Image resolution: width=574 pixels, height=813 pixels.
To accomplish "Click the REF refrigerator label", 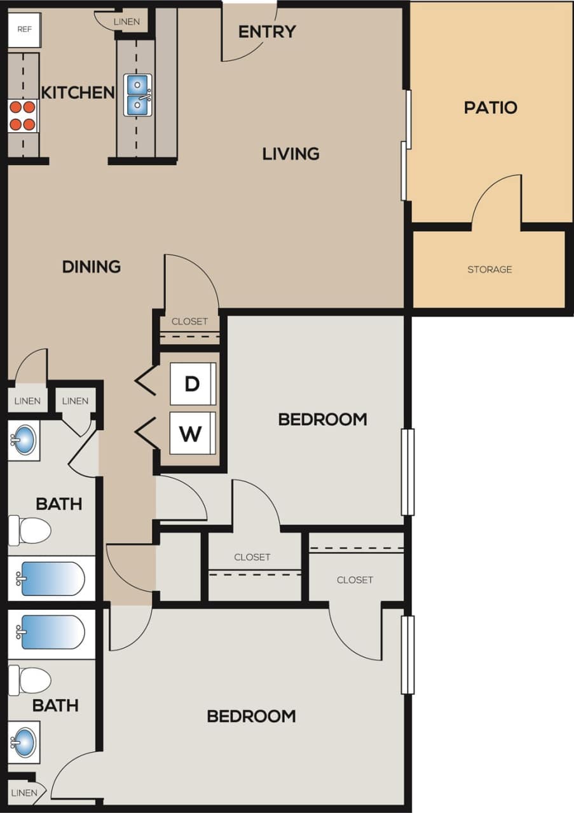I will [24, 29].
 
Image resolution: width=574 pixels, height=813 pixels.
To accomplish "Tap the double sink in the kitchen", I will [138, 95].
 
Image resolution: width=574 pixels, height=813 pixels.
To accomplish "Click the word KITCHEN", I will [78, 93].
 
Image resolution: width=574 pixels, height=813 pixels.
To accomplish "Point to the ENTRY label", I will [267, 31].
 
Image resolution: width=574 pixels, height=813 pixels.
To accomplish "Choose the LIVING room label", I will [291, 154].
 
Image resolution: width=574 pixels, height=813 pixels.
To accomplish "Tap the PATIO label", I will [490, 107].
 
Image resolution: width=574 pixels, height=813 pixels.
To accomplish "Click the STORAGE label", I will [489, 269].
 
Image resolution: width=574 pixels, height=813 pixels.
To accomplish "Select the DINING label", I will [92, 267].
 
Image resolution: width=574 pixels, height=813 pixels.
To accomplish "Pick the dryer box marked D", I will [192, 384].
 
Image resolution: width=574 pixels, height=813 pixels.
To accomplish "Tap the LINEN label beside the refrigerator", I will [126, 22].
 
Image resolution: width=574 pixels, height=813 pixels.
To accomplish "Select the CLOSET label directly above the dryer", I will [189, 321].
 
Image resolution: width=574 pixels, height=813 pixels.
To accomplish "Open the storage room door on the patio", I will [497, 201].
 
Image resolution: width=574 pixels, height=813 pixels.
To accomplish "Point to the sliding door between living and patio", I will [405, 145].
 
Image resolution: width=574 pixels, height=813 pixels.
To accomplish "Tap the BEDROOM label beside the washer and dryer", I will [322, 419].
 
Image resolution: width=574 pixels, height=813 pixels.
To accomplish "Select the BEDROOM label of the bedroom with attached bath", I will [251, 716].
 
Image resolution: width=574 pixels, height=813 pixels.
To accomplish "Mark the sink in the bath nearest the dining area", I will [24, 440].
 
